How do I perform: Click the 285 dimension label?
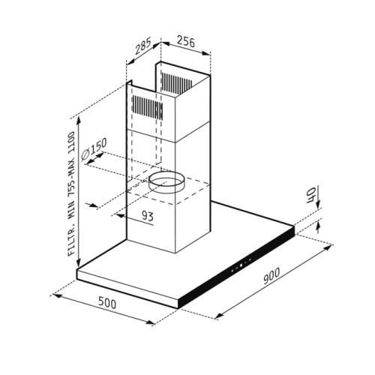[x=143, y=46]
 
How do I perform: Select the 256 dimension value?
[x=185, y=42]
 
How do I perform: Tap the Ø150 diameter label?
[x=94, y=148]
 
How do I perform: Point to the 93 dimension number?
[x=148, y=215]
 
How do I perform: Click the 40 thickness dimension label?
[x=310, y=196]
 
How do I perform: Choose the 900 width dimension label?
[x=271, y=276]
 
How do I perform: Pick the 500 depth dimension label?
[x=107, y=302]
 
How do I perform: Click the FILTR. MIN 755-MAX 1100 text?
[x=71, y=193]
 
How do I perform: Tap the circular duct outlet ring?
[x=166, y=182]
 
